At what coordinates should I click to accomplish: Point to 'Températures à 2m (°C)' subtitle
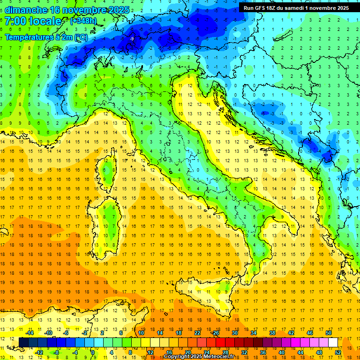(46, 37)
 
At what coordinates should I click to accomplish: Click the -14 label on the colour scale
(29, 333)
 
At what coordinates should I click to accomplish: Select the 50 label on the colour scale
(328, 333)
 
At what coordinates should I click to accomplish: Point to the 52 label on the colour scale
(338, 352)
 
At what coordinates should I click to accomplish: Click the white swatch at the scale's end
(333, 342)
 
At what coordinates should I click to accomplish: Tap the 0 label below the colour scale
(93, 352)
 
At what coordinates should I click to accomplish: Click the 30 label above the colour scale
(234, 333)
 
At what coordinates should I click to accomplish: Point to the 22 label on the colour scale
(197, 333)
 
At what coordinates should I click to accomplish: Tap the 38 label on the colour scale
(272, 333)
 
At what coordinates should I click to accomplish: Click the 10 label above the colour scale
(141, 333)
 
